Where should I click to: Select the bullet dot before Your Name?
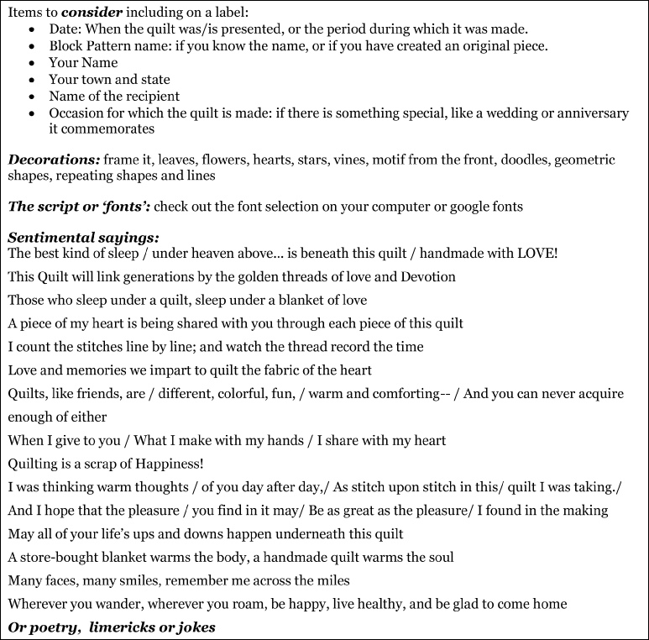(31, 63)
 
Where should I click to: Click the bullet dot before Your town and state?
(31, 80)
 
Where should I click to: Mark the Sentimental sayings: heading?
(83, 238)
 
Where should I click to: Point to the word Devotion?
(427, 276)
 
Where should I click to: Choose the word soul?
(438, 557)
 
